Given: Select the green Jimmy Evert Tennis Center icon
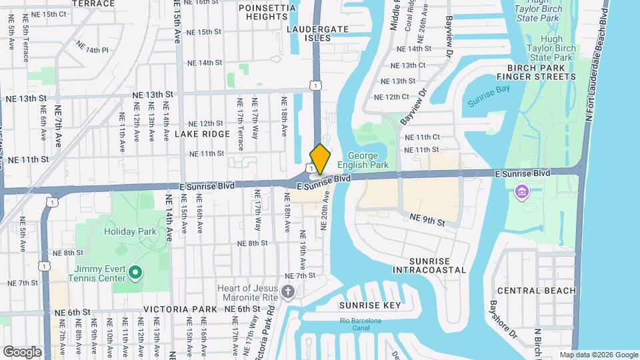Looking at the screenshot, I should [135, 272].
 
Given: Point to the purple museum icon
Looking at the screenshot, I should [522, 193].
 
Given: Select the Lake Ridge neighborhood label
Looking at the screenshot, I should [193, 134].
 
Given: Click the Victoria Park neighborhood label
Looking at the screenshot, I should [180, 309].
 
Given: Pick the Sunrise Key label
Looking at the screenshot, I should [370, 305].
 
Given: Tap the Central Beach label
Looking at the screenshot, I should [545, 291].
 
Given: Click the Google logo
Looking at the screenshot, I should [23, 351].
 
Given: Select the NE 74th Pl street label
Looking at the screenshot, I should [92, 47].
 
